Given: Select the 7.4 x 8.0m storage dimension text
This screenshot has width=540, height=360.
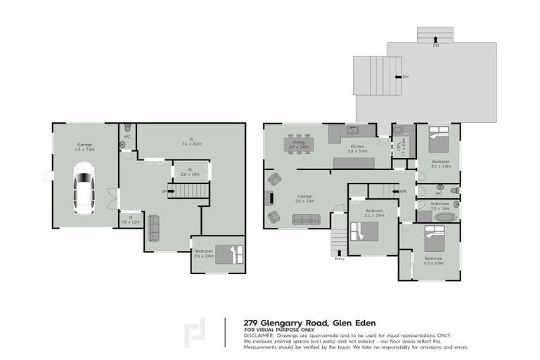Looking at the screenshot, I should (191, 143).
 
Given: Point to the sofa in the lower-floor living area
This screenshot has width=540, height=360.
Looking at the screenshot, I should (153, 226).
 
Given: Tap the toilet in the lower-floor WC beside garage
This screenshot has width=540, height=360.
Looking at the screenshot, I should (127, 130).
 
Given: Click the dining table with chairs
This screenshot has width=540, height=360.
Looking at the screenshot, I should (298, 146).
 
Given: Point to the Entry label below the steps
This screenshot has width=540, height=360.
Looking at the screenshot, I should (340, 259).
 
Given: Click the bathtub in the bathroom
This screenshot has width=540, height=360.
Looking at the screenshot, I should (444, 218).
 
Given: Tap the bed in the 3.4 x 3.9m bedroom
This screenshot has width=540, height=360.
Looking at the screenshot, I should (370, 232).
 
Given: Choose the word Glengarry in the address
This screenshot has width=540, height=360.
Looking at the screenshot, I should (283, 321).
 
